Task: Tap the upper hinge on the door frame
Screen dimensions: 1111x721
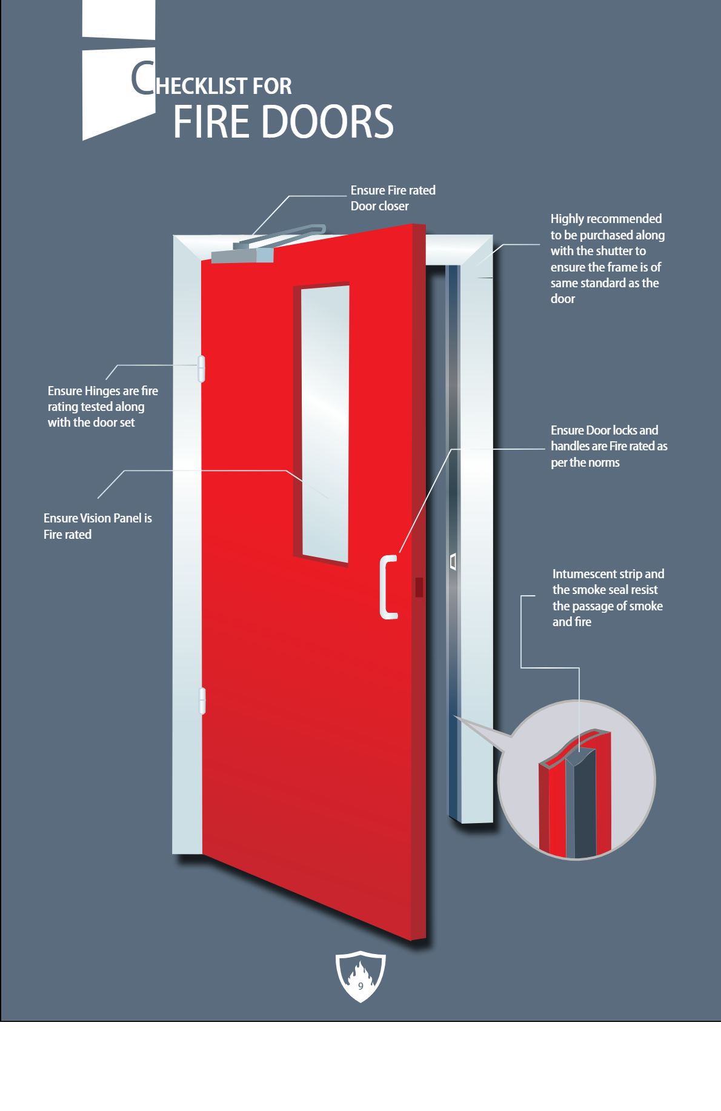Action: [202, 369]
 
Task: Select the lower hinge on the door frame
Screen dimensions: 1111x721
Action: [202, 701]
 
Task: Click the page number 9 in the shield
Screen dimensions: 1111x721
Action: [360, 986]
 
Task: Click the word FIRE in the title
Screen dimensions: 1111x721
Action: [211, 122]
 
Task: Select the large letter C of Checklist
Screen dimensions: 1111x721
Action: [143, 78]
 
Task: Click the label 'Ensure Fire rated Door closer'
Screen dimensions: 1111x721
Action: [393, 198]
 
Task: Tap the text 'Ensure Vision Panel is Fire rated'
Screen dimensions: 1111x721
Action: [98, 526]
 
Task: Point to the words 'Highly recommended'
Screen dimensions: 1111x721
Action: [606, 219]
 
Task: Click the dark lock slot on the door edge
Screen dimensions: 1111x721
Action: [419, 587]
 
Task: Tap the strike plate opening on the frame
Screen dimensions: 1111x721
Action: [453, 561]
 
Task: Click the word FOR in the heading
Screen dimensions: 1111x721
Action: [272, 86]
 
